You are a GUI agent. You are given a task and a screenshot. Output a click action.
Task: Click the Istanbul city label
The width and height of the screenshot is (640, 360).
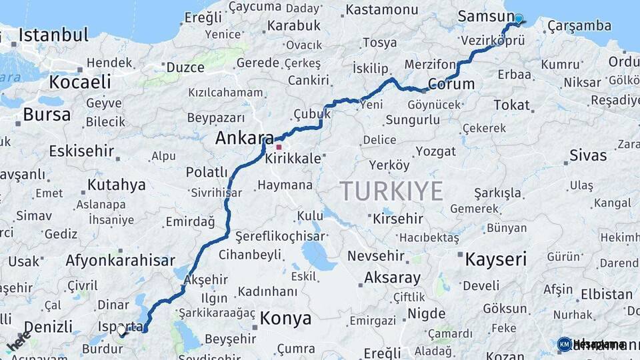53,35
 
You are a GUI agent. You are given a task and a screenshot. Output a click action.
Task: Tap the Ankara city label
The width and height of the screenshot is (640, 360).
241,139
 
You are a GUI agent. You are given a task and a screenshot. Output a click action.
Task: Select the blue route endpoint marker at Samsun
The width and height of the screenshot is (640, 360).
518,19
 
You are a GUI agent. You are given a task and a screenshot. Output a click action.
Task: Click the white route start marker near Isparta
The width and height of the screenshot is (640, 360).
121,330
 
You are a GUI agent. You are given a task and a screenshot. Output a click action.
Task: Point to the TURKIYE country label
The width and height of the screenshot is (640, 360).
391,191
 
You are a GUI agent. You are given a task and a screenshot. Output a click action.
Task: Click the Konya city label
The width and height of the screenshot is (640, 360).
285,318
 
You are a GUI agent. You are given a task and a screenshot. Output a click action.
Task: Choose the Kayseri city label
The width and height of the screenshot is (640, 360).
495,259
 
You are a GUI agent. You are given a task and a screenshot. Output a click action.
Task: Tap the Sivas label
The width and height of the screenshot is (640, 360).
588,155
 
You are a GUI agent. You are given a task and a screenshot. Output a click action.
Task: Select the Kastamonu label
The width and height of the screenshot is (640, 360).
382,9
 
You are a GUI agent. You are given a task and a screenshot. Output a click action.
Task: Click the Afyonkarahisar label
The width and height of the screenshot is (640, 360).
120,261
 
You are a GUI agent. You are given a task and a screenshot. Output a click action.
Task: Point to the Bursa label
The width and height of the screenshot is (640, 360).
47,114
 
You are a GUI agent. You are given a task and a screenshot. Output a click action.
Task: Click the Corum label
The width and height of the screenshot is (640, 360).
451,84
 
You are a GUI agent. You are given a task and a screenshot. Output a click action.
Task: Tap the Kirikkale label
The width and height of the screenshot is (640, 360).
293,159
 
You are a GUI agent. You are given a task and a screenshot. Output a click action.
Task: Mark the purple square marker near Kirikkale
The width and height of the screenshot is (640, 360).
279,147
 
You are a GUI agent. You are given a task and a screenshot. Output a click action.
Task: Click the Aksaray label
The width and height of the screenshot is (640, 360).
392,278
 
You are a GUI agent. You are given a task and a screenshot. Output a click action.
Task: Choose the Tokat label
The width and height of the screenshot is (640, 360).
512,105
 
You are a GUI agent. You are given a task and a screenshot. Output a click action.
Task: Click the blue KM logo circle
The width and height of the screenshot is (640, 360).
564,344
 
